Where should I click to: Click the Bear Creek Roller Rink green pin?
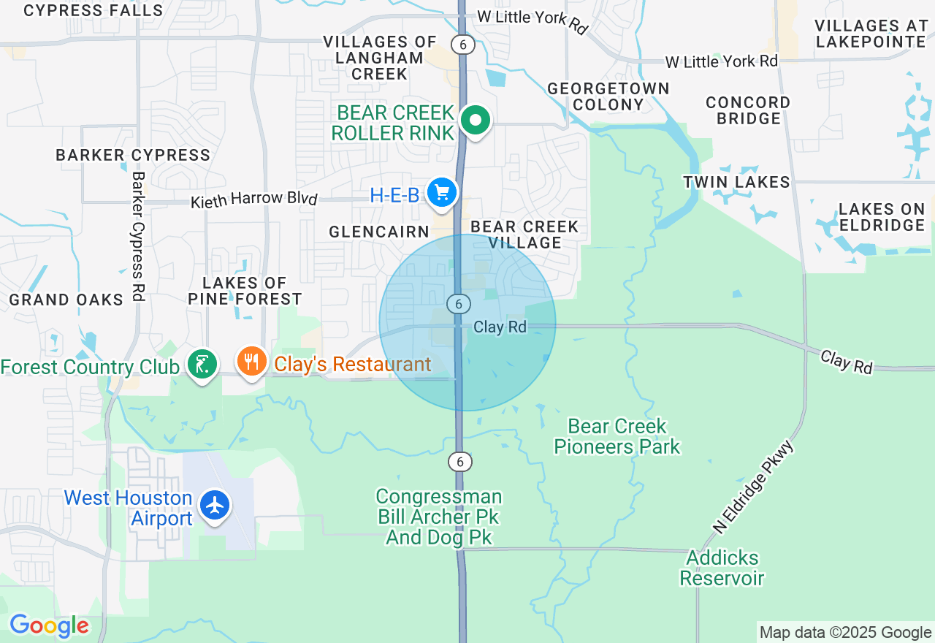coord(476,120)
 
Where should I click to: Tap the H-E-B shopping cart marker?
coord(442,193)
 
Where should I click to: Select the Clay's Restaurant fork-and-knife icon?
coord(251,361)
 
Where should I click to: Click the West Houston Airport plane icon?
coord(215,506)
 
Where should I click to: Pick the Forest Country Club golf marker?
coord(202,363)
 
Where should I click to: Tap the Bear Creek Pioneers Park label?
coord(617,436)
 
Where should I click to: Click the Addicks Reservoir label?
coord(722,568)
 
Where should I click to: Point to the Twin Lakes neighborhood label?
coord(736,182)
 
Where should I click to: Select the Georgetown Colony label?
coord(608,96)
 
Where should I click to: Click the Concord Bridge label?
coord(748,110)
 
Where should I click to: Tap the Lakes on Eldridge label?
coord(882,217)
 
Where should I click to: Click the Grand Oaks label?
coord(66,300)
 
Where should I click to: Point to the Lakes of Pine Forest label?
coord(245,291)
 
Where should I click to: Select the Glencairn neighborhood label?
coord(379,232)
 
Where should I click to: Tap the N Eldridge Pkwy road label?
coord(753,487)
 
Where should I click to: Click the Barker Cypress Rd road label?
coord(138,237)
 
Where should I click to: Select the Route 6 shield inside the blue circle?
coord(458,303)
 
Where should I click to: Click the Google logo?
coord(49,626)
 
